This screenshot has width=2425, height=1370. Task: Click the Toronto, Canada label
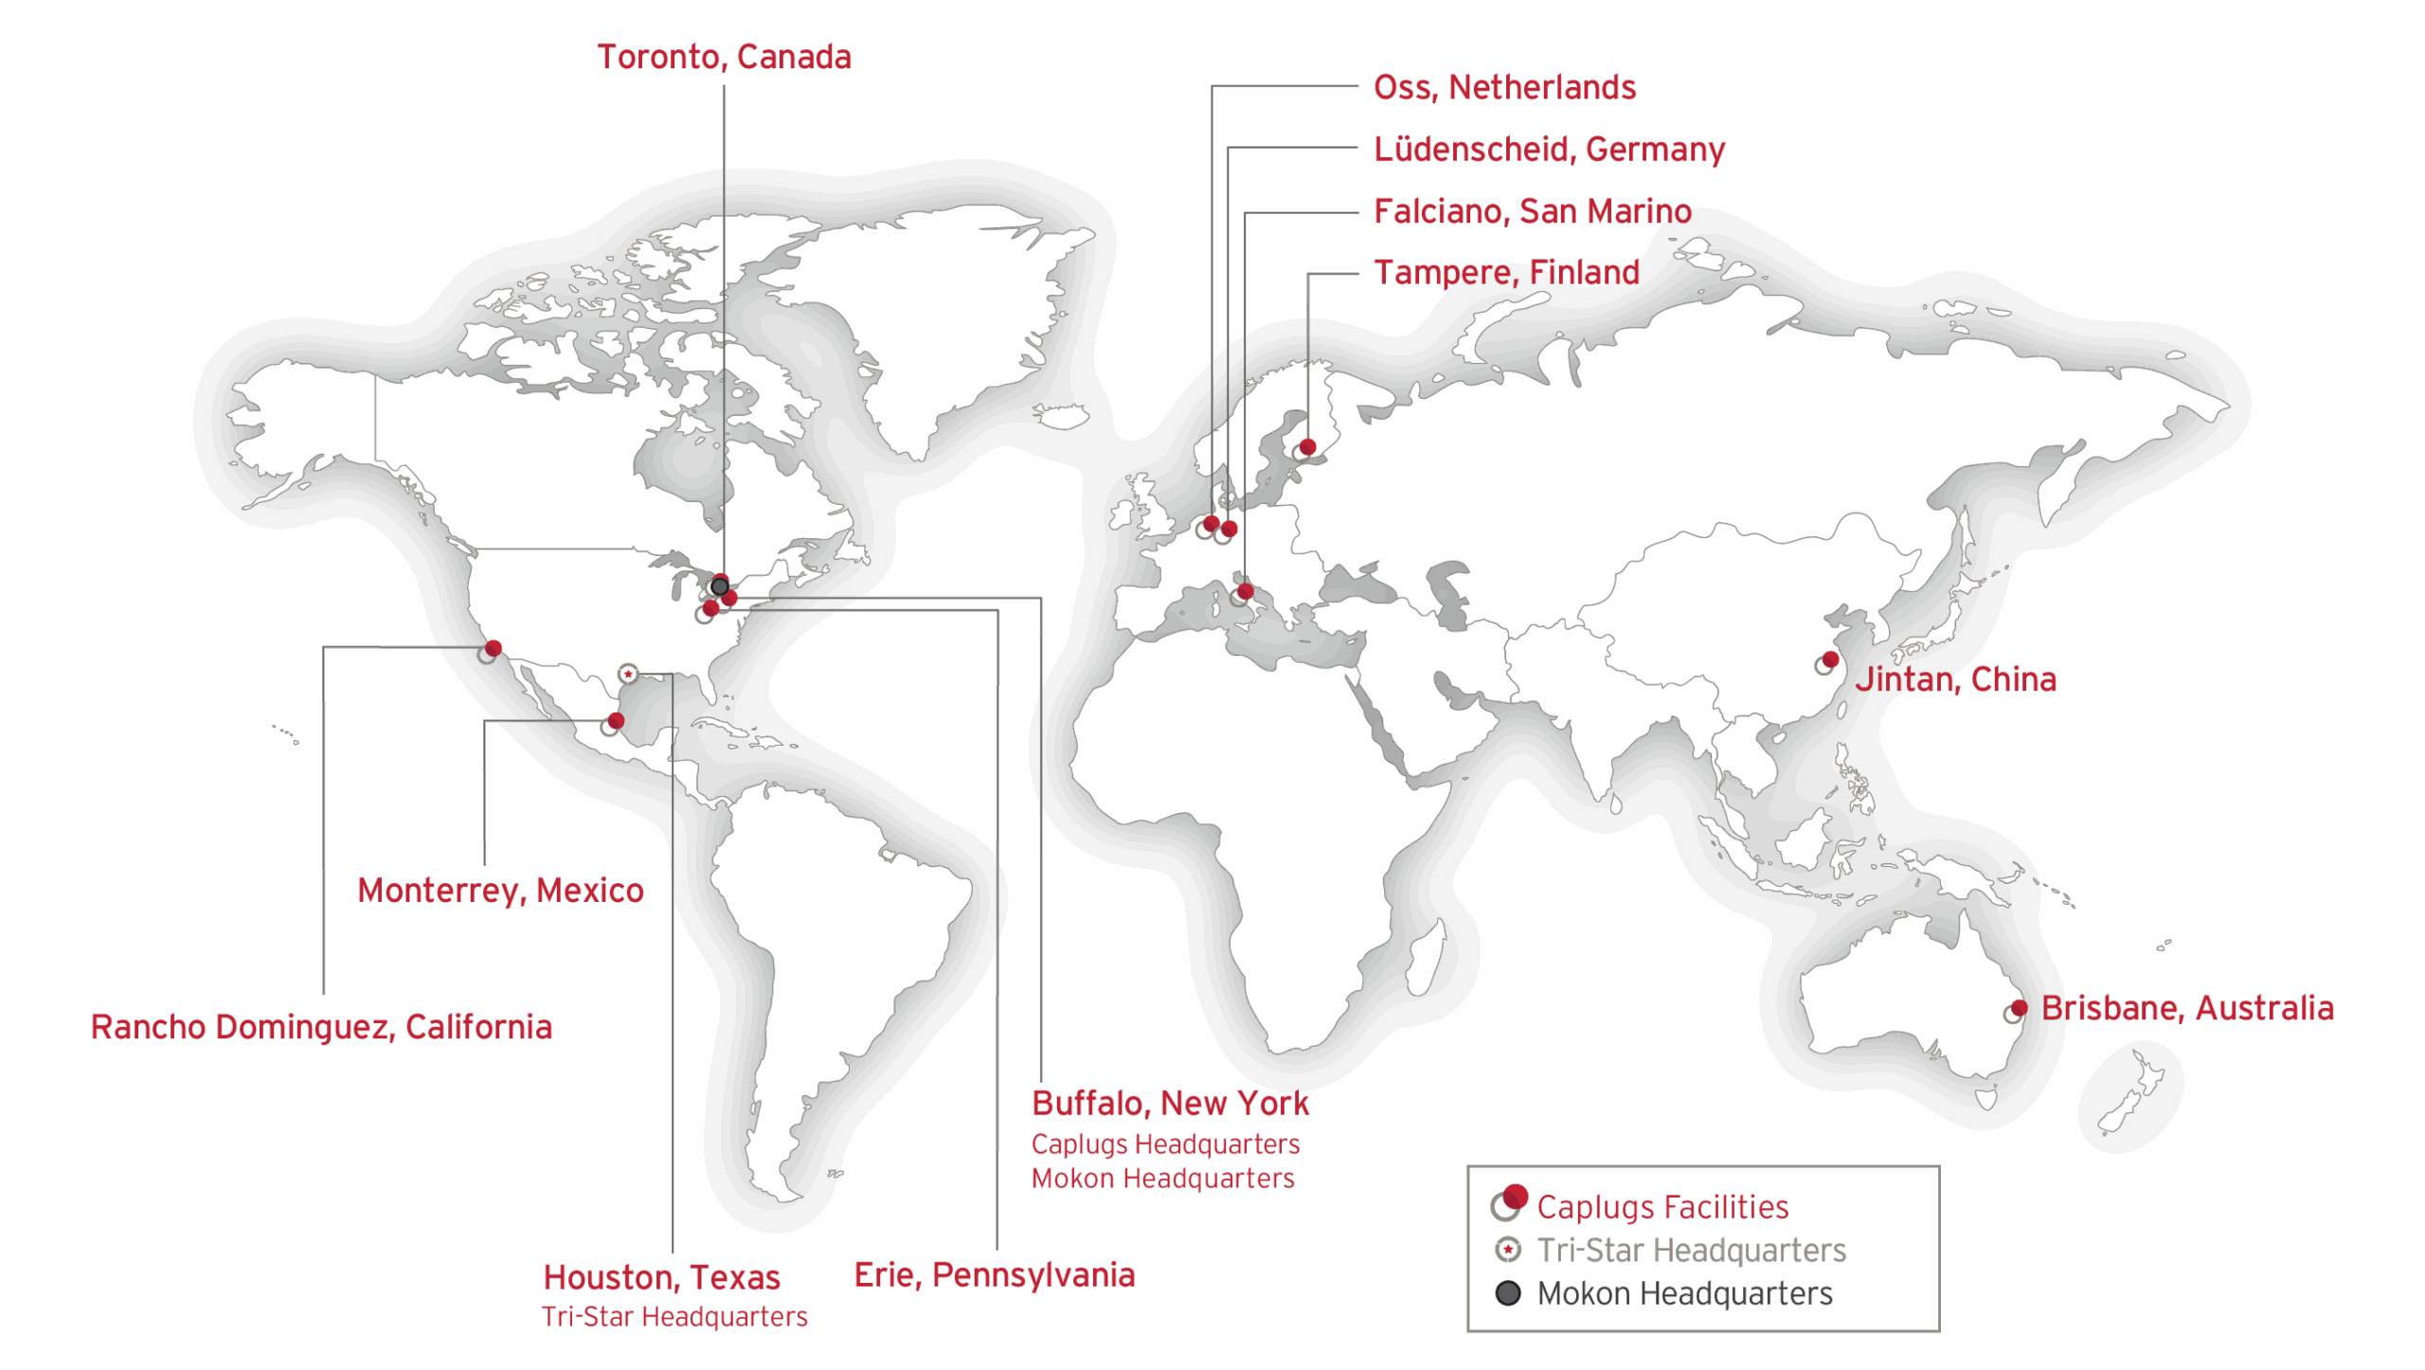[724, 57]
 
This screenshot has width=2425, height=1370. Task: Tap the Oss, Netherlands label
[1504, 87]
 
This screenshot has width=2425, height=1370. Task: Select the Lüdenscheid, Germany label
[1549, 149]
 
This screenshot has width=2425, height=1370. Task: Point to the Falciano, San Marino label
[1532, 210]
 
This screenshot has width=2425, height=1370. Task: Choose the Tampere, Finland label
[1506, 272]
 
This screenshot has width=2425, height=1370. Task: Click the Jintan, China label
[1955, 679]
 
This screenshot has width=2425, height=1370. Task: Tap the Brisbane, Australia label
[2186, 1008]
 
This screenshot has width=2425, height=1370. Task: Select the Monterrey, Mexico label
[500, 891]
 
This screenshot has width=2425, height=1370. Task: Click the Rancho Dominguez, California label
[321, 1027]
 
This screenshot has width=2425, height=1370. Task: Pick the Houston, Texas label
[661, 1277]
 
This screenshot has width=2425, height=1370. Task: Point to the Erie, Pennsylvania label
[994, 1274]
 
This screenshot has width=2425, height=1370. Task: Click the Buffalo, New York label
[1170, 1103]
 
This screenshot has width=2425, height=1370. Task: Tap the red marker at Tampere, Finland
[1307, 446]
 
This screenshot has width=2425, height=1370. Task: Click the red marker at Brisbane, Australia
[2019, 1007]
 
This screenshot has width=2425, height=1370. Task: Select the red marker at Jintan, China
[1830, 659]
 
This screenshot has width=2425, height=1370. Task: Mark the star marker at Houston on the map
[628, 674]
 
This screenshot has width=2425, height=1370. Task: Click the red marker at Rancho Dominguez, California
[493, 649]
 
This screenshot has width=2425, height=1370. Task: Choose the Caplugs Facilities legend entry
[1662, 1207]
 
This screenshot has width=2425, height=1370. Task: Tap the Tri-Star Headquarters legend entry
[1691, 1251]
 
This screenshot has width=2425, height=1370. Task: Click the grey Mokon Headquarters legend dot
[1508, 1293]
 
